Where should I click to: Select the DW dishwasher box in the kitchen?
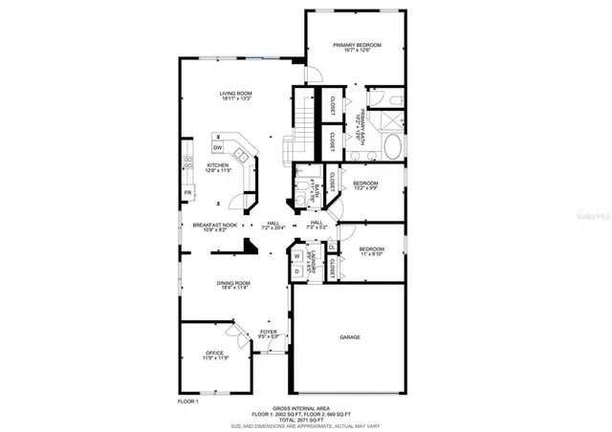point(218,148)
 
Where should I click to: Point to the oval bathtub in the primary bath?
point(392,146)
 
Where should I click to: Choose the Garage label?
point(349,337)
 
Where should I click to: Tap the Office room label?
point(214,355)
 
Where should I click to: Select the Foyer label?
point(268,335)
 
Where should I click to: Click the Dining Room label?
point(234,286)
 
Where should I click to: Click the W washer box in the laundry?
point(296,256)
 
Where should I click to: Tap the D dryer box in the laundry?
point(296,271)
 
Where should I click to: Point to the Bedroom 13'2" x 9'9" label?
point(365,186)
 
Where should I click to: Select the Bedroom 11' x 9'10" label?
point(372,251)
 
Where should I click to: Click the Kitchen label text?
point(219,167)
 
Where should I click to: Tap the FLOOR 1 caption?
point(188,401)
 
